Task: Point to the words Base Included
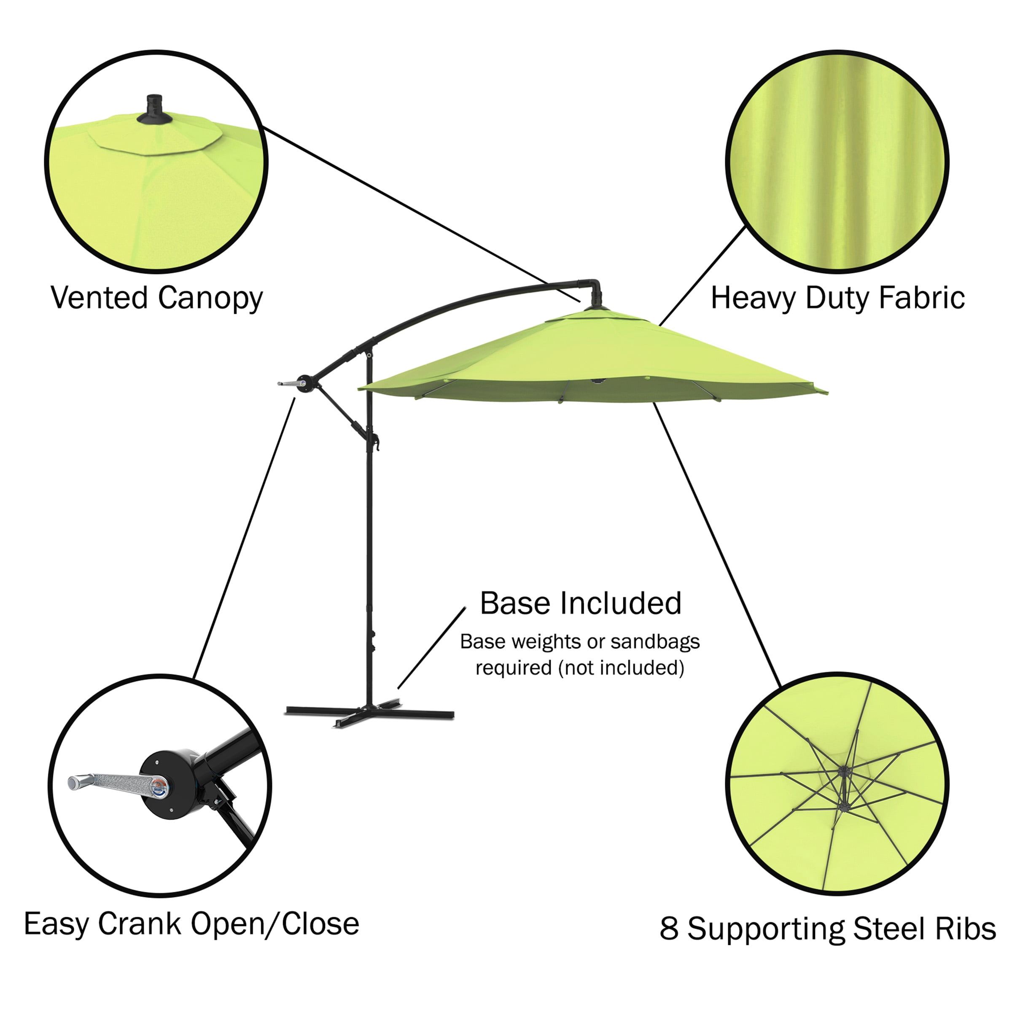[580, 603]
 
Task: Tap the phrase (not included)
[621, 668]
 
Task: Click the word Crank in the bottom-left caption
[140, 923]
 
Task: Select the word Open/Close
[275, 924]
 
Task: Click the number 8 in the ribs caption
[668, 929]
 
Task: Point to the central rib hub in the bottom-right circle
[843, 771]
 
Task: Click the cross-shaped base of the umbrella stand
[369, 712]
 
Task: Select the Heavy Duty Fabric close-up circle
[837, 161]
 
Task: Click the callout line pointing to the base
[432, 648]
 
